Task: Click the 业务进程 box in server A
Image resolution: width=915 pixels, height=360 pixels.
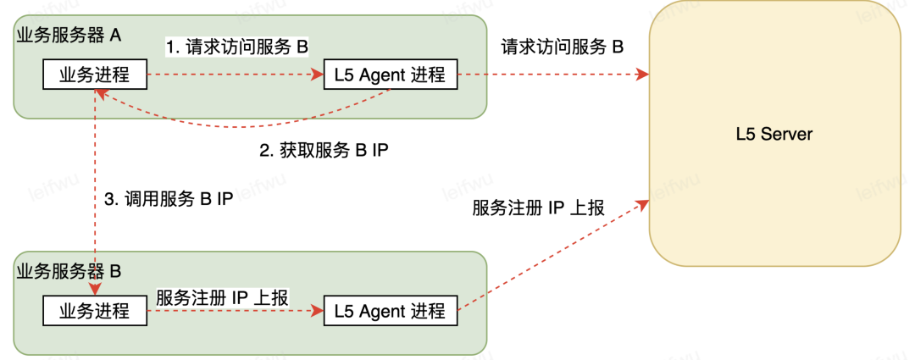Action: (x=95, y=75)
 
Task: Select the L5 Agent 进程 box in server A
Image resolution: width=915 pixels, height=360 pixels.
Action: (x=390, y=75)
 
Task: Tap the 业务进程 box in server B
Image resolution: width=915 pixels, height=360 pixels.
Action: (x=95, y=311)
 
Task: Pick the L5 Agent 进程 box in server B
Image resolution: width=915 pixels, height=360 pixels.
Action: (x=390, y=311)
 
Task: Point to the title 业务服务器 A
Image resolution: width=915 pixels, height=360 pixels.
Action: (x=69, y=35)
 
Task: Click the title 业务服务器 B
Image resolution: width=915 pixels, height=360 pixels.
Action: (x=69, y=272)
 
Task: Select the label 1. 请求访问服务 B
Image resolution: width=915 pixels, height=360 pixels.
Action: (x=236, y=47)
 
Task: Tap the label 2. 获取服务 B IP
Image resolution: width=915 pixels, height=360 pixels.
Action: (x=323, y=152)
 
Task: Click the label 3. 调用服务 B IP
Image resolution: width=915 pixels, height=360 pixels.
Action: (x=169, y=200)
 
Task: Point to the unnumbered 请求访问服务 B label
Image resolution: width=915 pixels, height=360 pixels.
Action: (x=562, y=47)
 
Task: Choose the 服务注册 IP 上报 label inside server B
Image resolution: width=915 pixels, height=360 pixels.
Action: (x=223, y=297)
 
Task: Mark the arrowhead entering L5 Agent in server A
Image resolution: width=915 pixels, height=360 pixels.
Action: (x=319, y=75)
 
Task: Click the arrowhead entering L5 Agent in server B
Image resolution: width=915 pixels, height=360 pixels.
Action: (x=319, y=311)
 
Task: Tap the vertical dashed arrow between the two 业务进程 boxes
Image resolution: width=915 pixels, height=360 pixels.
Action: (x=95, y=195)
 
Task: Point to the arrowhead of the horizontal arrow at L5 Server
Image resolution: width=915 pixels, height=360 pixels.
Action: (x=644, y=75)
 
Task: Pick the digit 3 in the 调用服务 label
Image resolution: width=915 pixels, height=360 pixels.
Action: (x=108, y=200)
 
